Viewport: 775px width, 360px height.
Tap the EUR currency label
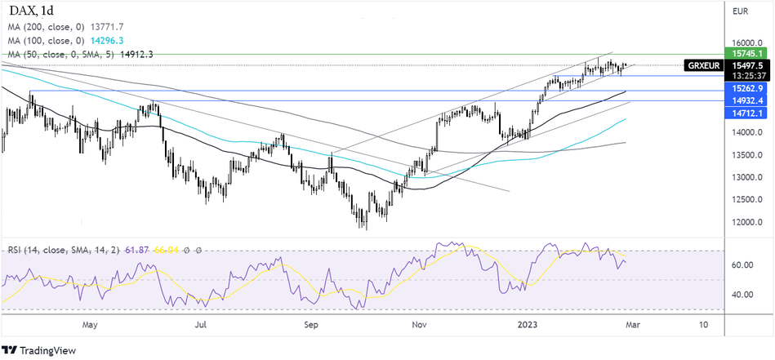(x=741, y=11)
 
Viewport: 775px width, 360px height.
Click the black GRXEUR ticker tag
(x=703, y=65)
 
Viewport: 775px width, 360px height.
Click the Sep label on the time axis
(x=310, y=324)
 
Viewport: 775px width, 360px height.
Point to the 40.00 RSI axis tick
(x=742, y=295)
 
